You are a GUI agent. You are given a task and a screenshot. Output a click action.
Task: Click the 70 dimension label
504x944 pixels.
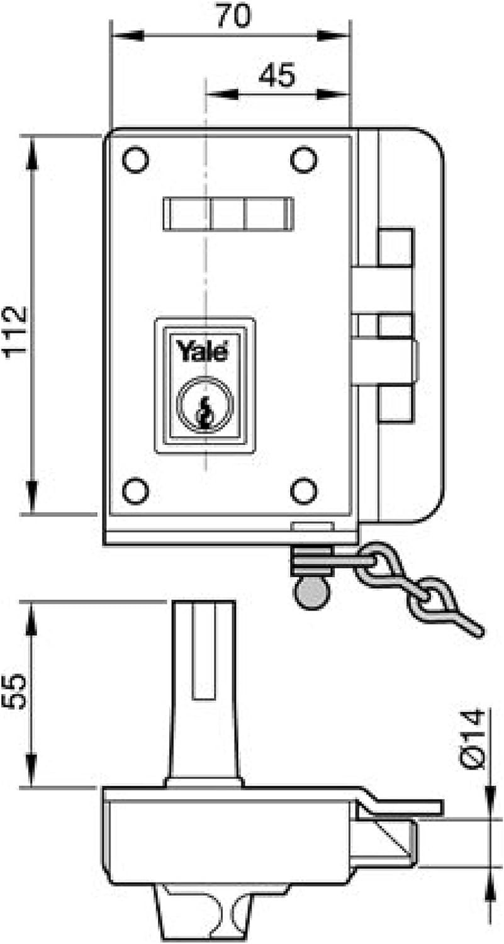233,16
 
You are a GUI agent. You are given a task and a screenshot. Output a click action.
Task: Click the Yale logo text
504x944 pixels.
202,351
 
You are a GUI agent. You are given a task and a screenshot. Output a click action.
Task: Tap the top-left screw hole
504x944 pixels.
135,159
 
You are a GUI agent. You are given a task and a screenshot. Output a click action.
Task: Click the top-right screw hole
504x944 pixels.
303,159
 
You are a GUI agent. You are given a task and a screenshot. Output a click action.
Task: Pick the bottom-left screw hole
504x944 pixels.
135,490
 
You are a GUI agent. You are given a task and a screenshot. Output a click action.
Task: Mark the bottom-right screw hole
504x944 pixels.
303,490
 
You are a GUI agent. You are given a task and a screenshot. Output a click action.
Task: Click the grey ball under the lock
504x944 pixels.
312,593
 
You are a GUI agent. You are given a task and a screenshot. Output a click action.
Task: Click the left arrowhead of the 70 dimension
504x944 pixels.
127,35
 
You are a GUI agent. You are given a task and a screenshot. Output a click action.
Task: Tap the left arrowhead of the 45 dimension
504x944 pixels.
221,94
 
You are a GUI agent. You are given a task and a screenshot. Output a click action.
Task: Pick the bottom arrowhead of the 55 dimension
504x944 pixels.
31,770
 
